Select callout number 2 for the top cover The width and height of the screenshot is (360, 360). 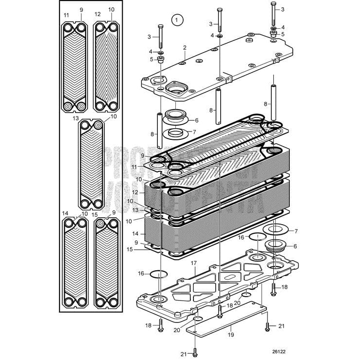pos(185,47)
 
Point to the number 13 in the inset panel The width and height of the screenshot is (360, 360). pos(76,117)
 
